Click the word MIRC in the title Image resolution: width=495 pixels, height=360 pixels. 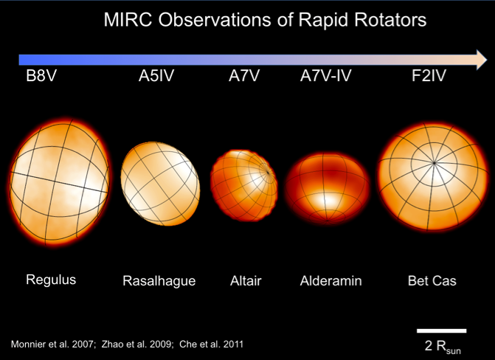128,20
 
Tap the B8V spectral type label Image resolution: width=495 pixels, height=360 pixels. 41,76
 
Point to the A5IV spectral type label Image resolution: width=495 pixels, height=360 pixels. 156,76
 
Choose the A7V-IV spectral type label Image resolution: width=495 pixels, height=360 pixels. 326,76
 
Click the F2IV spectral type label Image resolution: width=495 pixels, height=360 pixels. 429,76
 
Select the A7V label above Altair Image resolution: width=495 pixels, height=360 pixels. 244,76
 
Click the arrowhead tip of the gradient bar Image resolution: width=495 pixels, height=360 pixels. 487,60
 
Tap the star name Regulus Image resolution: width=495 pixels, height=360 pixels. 51,280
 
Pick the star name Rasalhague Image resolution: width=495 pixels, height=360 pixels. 159,281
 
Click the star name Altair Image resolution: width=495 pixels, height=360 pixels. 246,281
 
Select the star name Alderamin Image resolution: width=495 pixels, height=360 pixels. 330,281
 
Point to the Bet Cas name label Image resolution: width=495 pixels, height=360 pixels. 432,281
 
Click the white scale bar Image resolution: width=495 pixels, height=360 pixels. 441,331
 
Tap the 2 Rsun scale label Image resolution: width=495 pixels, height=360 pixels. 443,347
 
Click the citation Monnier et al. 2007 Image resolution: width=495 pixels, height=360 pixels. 53,345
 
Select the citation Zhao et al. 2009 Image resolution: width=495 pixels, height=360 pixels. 137,345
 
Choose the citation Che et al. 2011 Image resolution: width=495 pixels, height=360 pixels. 211,345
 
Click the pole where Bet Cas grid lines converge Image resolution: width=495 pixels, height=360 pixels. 435,163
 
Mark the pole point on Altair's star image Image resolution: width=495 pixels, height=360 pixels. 268,173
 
